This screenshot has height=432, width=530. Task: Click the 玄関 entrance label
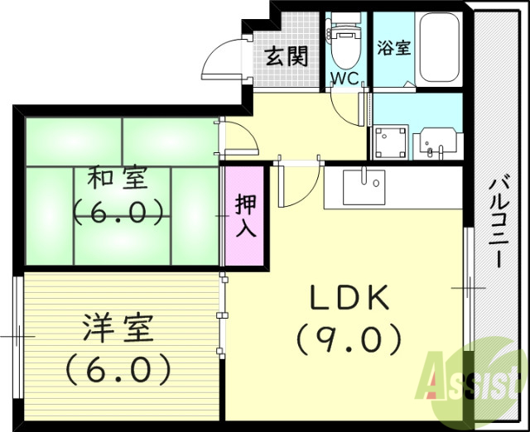point(287,56)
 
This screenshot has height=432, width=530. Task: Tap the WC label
point(344,79)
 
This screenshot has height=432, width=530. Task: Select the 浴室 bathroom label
point(393,47)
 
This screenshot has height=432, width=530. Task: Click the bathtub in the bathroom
point(439,47)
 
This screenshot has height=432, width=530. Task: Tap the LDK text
point(349,299)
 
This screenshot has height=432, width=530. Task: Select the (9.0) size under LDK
point(349,338)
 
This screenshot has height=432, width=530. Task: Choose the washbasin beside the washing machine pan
point(435,142)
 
